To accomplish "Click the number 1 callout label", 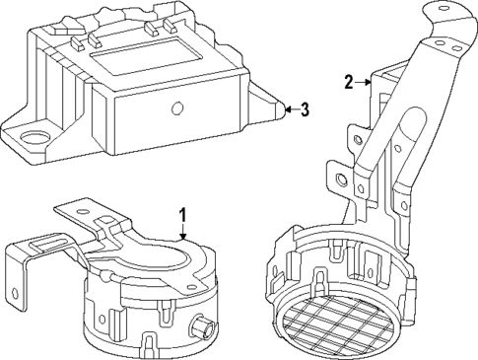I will point(181,214).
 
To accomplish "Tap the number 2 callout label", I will point(348,82).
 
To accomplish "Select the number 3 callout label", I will point(305,109).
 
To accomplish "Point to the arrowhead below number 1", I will point(182,237).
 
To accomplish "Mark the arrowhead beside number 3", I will point(285,109).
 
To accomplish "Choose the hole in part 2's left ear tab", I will point(341,180).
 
